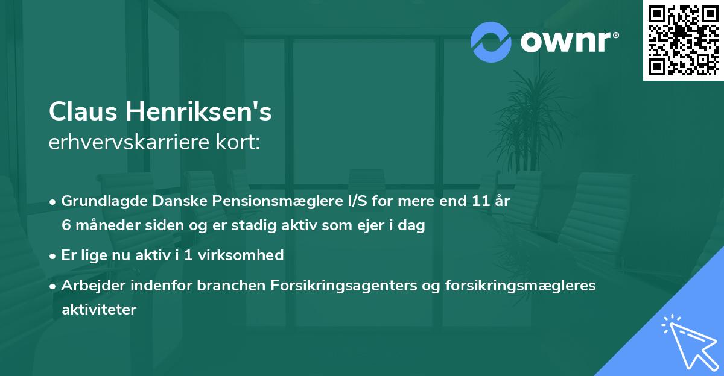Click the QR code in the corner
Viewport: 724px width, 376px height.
tap(683, 40)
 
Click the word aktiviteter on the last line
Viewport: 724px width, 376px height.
tap(99, 310)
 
